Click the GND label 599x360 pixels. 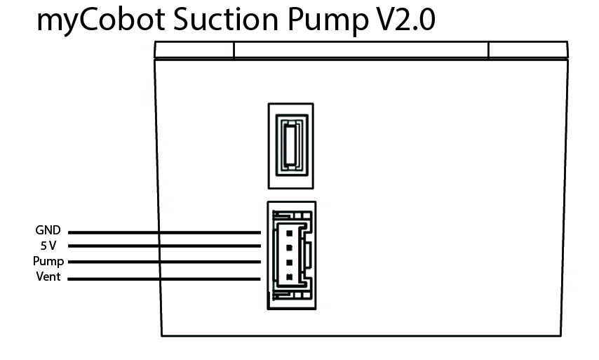pos(48,230)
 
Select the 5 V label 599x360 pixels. pos(48,246)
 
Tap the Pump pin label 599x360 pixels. pos(48,262)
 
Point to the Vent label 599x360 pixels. pos(48,277)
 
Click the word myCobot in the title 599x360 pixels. pos(94,21)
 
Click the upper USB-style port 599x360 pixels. pos(290,145)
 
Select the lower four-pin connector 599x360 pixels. pos(290,255)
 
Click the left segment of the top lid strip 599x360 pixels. pos(194,50)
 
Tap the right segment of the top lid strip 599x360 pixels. pos(527,50)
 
